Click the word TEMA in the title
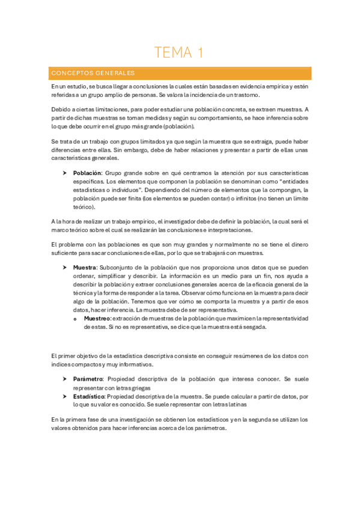[172, 53]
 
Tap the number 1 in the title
[200, 53]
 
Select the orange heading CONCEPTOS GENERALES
[93, 73]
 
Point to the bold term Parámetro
[88, 379]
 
